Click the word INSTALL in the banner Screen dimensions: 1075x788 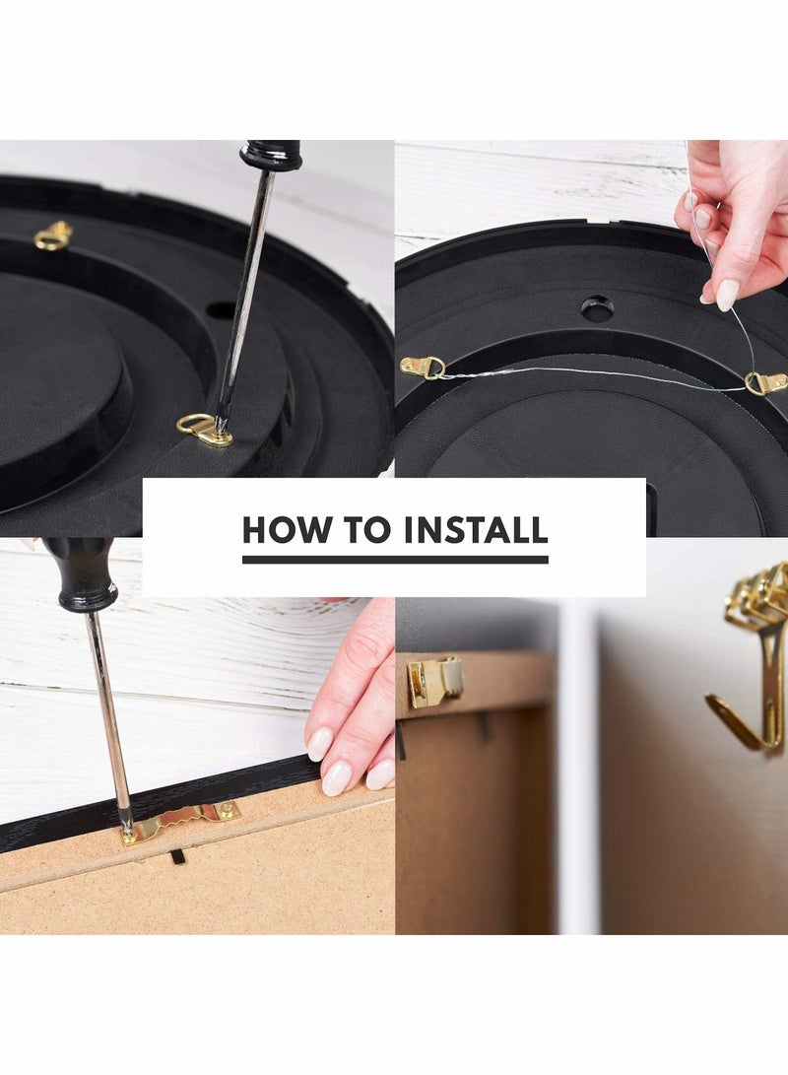(x=476, y=530)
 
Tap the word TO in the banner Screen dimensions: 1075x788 (x=366, y=530)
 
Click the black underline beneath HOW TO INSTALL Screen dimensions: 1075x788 (x=395, y=560)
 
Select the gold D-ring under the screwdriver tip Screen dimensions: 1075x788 (x=203, y=430)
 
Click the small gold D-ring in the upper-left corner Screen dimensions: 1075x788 (x=53, y=235)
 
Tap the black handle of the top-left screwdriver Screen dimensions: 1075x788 (x=271, y=154)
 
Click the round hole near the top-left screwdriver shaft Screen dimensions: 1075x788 (x=222, y=310)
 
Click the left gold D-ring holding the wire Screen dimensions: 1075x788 (x=422, y=368)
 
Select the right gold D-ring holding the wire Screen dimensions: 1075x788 (x=765, y=382)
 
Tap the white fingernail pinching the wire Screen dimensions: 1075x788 (x=727, y=294)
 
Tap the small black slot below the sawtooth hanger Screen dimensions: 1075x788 (x=177, y=856)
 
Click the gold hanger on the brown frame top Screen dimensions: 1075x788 (x=433, y=681)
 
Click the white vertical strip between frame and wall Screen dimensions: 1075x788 (x=579, y=769)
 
